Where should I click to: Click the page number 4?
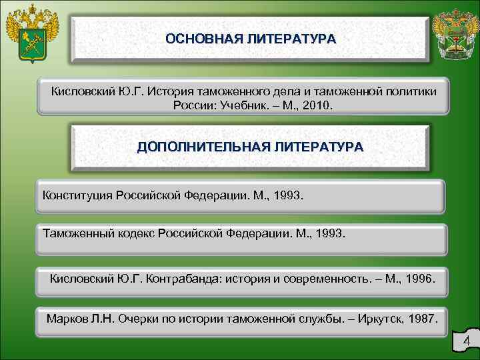click(466, 343)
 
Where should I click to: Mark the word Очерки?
click(138, 319)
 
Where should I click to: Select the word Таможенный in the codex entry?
click(73, 235)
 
